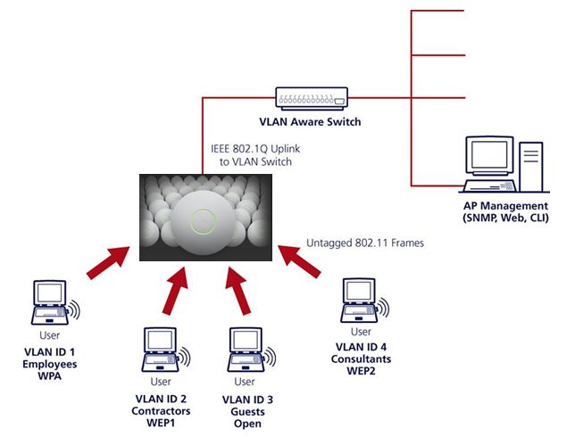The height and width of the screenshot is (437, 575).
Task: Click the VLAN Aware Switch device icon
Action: tap(312, 98)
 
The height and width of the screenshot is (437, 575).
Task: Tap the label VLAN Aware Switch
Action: tap(310, 121)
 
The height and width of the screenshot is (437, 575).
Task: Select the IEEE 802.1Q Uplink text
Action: tap(255, 149)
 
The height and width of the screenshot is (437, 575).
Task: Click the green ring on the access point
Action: tap(203, 221)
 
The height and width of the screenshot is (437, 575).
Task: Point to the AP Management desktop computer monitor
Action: tap(489, 155)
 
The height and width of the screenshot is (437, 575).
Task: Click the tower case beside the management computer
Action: tap(531, 167)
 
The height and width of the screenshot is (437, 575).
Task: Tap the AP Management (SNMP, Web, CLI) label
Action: tap(505, 211)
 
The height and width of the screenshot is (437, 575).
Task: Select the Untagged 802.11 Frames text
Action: tap(365, 243)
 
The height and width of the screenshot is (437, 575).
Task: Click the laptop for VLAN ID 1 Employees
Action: tap(50, 302)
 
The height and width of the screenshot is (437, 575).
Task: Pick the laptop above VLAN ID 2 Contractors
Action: tap(161, 350)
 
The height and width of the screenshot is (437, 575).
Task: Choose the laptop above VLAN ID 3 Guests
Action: tap(246, 350)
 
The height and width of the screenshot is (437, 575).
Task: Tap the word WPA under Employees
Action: tap(49, 376)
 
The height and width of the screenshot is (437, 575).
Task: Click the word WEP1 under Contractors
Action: tap(161, 423)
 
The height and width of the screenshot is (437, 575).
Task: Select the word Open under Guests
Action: tap(247, 424)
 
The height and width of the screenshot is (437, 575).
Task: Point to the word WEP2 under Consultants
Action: tap(361, 371)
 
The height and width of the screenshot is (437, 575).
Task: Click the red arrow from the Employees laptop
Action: tap(108, 262)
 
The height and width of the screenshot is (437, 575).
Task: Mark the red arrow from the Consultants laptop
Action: tap(299, 261)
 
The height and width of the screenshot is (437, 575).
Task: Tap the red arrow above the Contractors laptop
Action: tap(176, 291)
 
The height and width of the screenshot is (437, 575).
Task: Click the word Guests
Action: tap(247, 411)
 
